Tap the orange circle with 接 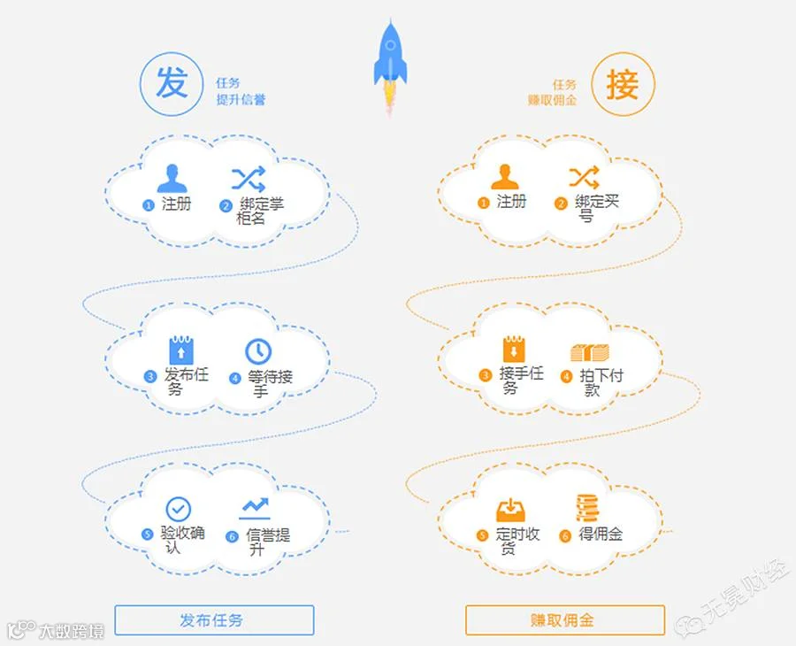pyautogui.click(x=622, y=85)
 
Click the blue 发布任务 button pyautogui.click(x=214, y=620)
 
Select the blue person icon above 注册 pyautogui.click(x=172, y=179)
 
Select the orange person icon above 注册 pyautogui.click(x=505, y=178)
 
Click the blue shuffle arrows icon pyautogui.click(x=249, y=179)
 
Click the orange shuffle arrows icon pyautogui.click(x=584, y=177)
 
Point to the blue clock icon pyautogui.click(x=259, y=350)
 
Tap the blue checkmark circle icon pyautogui.click(x=179, y=509)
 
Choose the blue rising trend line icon pyautogui.click(x=256, y=508)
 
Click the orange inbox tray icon pyautogui.click(x=510, y=511)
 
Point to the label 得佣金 pyautogui.click(x=601, y=534)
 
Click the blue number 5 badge pyautogui.click(x=148, y=534)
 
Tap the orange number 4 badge pyautogui.click(x=566, y=376)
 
